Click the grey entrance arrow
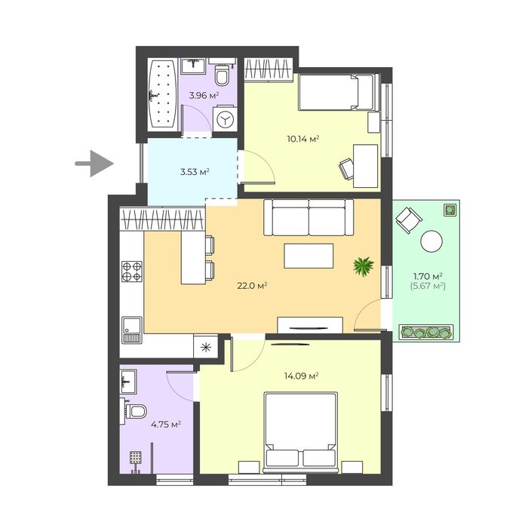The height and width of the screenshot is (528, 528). (94, 164)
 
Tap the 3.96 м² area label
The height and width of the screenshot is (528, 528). (204, 95)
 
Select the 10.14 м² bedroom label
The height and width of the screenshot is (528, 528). (303, 139)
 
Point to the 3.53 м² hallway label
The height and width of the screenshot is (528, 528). (195, 172)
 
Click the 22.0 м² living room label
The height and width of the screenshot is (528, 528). (252, 286)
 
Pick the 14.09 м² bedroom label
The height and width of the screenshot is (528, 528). (302, 376)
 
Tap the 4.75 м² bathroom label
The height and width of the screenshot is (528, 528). (166, 424)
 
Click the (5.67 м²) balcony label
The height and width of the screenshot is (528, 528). (428, 286)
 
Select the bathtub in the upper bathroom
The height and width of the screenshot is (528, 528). (162, 94)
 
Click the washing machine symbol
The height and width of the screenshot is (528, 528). (226, 119)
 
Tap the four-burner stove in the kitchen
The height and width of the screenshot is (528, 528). (132, 272)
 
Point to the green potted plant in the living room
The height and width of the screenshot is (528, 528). (364, 266)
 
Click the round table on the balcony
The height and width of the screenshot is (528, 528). (431, 241)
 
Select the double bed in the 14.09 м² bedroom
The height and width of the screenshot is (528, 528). (301, 433)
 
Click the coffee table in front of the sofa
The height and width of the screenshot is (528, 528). (309, 256)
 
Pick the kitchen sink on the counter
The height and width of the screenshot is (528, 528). (132, 330)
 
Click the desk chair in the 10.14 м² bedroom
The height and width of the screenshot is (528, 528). (346, 168)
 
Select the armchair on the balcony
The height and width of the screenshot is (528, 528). (409, 219)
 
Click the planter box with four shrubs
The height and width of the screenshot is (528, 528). (426, 332)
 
